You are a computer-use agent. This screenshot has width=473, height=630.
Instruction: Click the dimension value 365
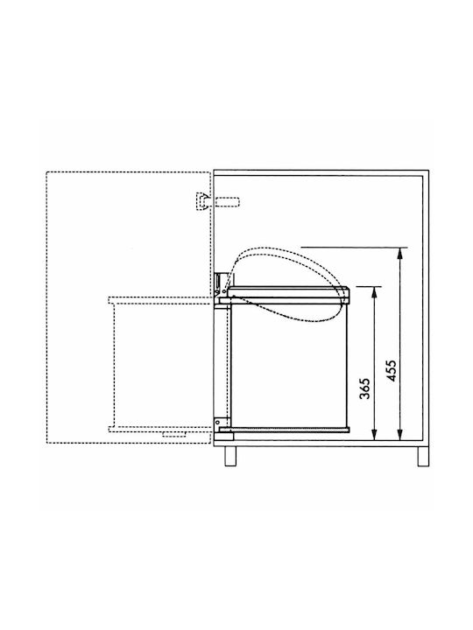(x=364, y=388)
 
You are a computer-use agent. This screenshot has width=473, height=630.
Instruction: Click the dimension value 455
(x=391, y=370)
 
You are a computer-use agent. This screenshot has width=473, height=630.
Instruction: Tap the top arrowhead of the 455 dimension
(x=399, y=253)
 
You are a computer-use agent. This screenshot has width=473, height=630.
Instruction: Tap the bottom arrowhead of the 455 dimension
(x=399, y=435)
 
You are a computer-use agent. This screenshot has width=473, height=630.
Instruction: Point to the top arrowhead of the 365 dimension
(x=375, y=291)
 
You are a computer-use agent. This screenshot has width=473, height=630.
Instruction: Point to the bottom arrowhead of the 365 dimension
(x=375, y=435)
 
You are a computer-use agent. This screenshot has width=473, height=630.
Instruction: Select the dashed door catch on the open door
(x=202, y=201)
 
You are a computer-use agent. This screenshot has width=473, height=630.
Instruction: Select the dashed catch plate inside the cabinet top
(x=228, y=202)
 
